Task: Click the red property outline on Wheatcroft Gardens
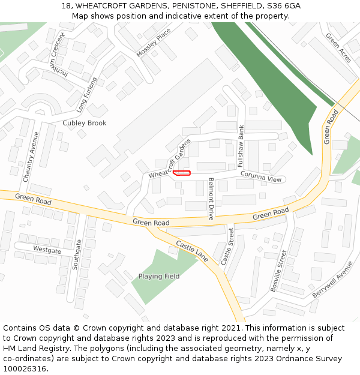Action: (x=181, y=173)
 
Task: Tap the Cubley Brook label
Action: (x=85, y=123)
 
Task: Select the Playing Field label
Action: (x=159, y=277)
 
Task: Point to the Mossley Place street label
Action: (x=154, y=43)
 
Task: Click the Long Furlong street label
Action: (x=87, y=95)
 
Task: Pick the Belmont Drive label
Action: (x=211, y=199)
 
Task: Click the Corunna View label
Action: (x=261, y=176)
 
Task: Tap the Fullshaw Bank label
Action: (x=241, y=146)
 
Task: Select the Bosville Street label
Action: (x=279, y=271)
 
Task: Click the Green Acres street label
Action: (x=338, y=47)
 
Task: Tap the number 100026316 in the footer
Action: (x=25, y=368)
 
